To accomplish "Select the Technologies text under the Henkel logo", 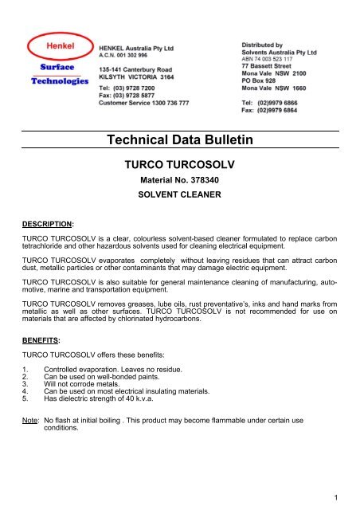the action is (56, 81).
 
